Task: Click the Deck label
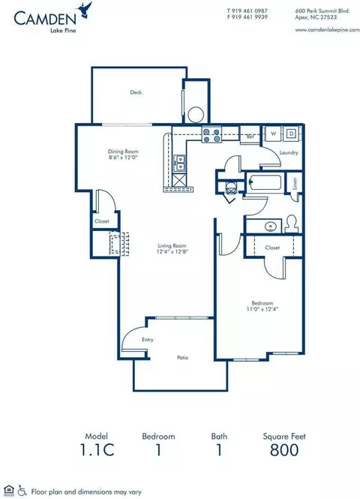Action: click(x=136, y=92)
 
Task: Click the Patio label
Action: click(x=181, y=358)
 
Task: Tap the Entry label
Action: click(x=148, y=340)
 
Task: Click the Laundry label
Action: click(x=289, y=153)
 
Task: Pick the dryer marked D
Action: click(x=291, y=134)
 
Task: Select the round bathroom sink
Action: click(x=269, y=225)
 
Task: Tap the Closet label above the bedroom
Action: click(x=271, y=247)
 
